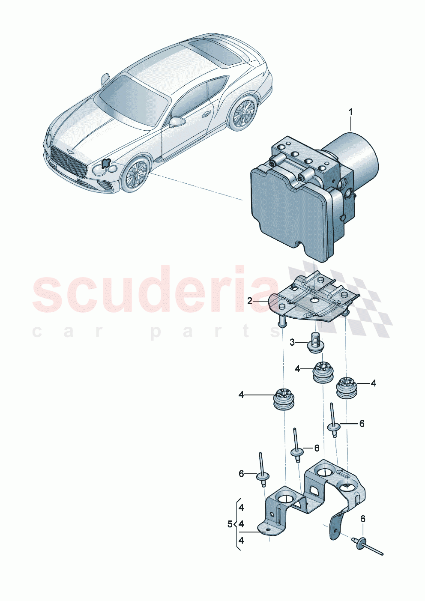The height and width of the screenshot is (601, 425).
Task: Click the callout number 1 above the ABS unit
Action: tap(350, 113)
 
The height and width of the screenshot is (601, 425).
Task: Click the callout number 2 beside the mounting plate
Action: tap(250, 301)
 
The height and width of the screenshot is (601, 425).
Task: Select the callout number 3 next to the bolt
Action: tap(292, 342)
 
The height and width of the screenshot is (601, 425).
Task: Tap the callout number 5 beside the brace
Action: tap(230, 524)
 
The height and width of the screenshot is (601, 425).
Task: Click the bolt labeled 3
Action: tap(317, 343)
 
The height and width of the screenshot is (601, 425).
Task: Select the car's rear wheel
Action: tap(243, 113)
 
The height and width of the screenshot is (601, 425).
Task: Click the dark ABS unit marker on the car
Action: tap(105, 162)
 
